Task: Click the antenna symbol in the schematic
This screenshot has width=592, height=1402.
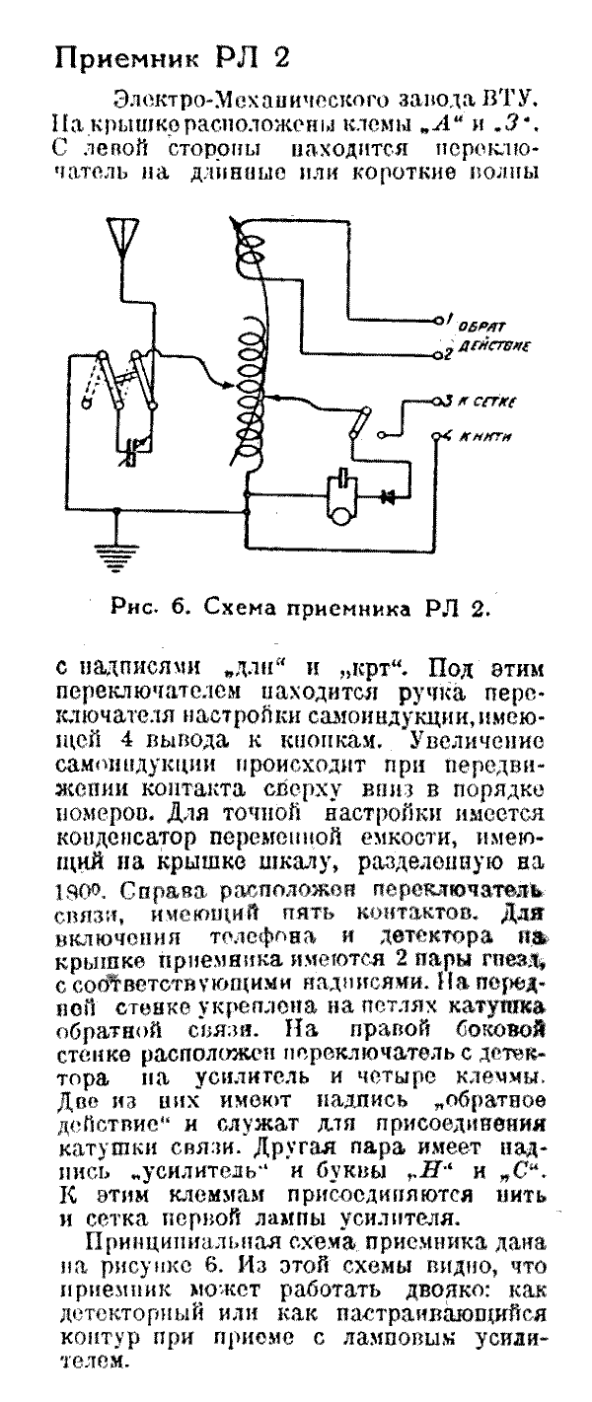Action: [122, 238]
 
